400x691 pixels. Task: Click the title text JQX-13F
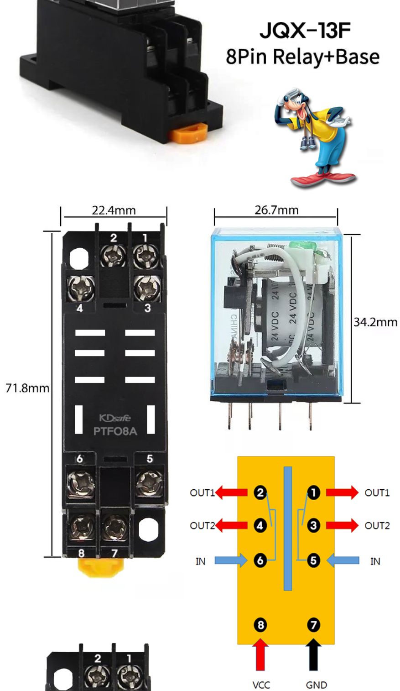tap(305, 30)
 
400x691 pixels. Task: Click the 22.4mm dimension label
tap(114, 210)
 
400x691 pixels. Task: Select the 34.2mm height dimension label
tap(375, 322)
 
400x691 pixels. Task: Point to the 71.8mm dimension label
tap(27, 388)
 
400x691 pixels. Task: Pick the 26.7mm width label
tap(276, 210)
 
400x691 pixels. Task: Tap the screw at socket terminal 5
tap(149, 482)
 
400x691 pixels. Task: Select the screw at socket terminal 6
tap(81, 482)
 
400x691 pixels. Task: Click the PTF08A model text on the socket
tap(115, 431)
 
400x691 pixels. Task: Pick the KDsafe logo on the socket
tap(115, 418)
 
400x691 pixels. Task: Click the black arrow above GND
tap(313, 654)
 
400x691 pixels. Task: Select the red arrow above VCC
tap(260, 654)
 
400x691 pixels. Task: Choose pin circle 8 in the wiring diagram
tap(260, 624)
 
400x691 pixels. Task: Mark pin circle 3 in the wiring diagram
tap(313, 525)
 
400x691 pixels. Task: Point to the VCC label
tap(261, 685)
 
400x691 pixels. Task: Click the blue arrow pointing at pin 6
tap(231, 560)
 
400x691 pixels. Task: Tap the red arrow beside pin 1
tap(342, 492)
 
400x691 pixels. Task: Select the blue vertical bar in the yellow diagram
tap(287, 529)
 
